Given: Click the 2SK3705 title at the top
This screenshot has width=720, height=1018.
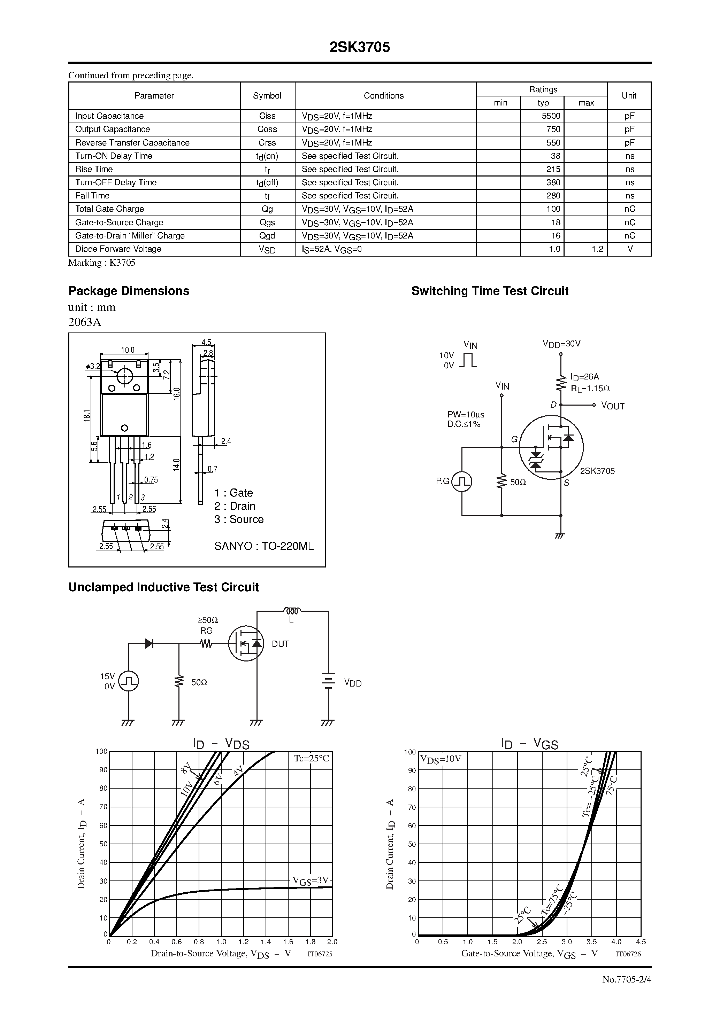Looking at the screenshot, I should tap(360, 47).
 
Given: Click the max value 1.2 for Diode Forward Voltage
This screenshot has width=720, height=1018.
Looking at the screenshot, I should tap(597, 249).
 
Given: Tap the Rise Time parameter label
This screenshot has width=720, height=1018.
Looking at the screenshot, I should tap(94, 169).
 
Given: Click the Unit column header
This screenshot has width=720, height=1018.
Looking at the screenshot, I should tap(629, 96).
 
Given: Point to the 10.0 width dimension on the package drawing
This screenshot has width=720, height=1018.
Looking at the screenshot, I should tap(128, 350).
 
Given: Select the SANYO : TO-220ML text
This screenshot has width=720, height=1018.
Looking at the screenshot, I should tap(264, 546).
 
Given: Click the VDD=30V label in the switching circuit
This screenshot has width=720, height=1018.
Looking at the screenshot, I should tap(561, 344).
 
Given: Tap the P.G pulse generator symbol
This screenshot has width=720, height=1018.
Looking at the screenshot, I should tap(462, 481).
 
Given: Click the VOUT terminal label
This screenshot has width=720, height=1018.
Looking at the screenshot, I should tap(613, 406).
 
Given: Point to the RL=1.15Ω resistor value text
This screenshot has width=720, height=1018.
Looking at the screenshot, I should tap(590, 389).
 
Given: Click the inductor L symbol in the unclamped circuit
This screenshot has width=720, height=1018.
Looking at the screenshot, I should tap(292, 611).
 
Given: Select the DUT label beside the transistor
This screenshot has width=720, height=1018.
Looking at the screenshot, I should tap(280, 644).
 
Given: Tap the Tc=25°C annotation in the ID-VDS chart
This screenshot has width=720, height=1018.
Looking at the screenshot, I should tap(312, 759).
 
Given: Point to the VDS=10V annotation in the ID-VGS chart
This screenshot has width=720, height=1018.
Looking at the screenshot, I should tap(441, 759).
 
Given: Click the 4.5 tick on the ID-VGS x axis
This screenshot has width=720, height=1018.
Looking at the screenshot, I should tap(641, 942).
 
